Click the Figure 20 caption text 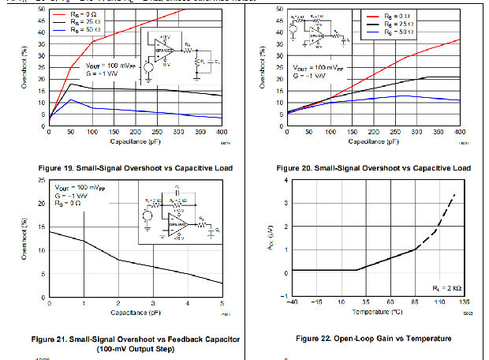[x=374, y=168]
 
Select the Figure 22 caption [x=374, y=339]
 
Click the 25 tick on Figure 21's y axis [x=43, y=182]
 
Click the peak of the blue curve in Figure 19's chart [x=72, y=100]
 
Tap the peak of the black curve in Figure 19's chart [x=72, y=84]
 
